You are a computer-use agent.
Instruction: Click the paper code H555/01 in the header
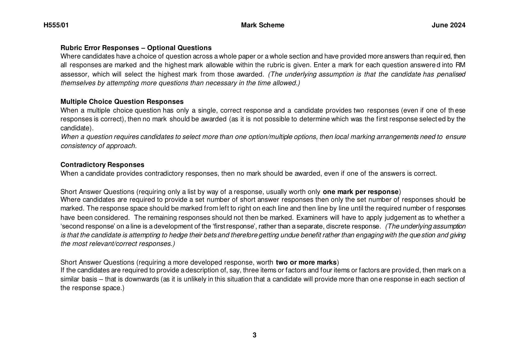tap(56, 25)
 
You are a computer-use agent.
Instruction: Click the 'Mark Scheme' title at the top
tap(262, 25)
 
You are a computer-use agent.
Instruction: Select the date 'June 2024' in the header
tap(448, 25)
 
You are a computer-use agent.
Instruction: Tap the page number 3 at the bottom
tap(254, 335)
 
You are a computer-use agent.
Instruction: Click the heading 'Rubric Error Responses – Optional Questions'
tap(136, 48)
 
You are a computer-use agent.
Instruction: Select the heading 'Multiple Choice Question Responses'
tap(122, 102)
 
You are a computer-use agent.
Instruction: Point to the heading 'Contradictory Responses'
tap(102, 165)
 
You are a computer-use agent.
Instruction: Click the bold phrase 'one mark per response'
tap(360, 192)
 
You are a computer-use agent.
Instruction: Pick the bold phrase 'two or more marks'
tap(306, 262)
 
